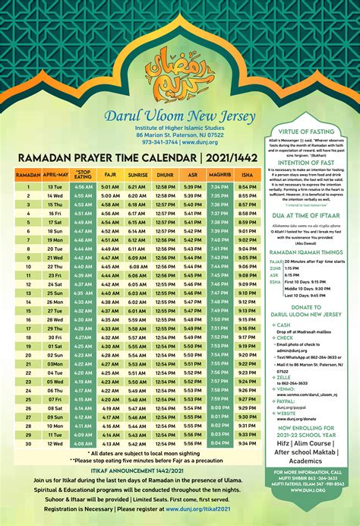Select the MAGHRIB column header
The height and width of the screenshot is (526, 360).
pos(219,174)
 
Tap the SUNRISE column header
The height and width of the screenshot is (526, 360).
pos(137,174)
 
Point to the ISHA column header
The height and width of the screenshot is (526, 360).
pos(247,174)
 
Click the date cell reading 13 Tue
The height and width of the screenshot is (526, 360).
pos(55,186)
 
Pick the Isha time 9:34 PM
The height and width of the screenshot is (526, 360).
pos(247,443)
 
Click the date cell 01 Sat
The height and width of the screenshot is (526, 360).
pos(55,346)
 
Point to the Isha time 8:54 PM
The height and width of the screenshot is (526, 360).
pos(247,186)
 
